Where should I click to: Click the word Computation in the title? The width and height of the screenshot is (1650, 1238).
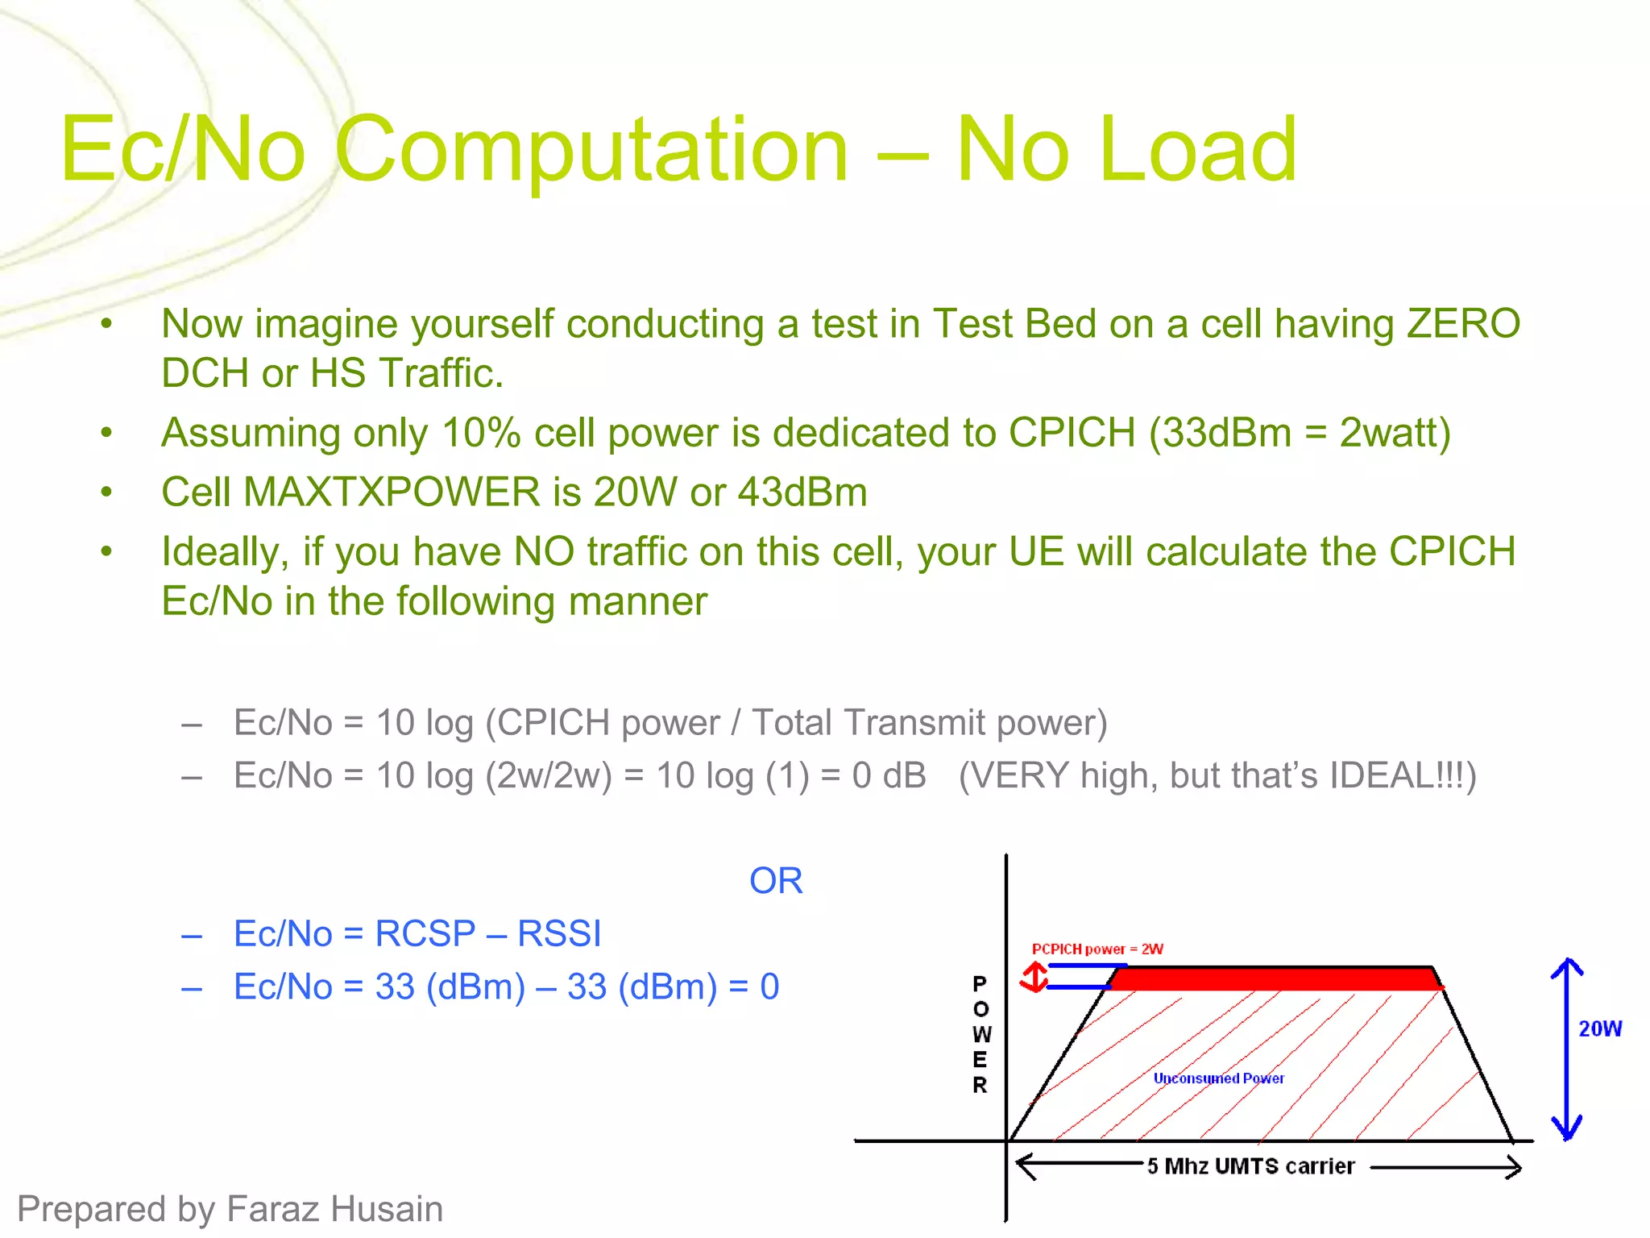[592, 150]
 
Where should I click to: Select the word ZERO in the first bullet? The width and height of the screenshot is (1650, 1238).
[1463, 324]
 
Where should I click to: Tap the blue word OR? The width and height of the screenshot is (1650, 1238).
[776, 881]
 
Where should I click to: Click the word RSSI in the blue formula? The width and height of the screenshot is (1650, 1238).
[559, 934]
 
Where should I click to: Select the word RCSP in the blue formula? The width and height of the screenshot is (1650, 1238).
[425, 934]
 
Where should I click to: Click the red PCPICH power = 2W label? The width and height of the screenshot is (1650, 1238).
[1097, 949]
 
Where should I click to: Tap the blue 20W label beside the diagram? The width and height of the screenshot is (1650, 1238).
[1600, 1029]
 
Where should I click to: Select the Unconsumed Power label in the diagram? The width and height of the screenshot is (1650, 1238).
[1218, 1078]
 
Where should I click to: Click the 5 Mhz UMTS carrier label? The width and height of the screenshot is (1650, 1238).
[1250, 1166]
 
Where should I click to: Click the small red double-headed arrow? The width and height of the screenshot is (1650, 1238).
[1034, 978]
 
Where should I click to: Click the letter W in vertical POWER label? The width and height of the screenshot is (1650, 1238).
[980, 1035]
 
